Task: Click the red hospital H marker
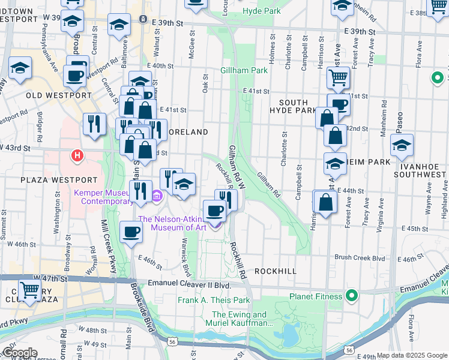point(76,156)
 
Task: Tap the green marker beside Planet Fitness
point(352,295)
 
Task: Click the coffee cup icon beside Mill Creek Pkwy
point(131,231)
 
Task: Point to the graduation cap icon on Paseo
point(402,145)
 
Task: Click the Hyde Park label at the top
point(262,11)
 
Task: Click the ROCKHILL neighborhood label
point(275,271)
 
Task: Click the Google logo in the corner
point(19,353)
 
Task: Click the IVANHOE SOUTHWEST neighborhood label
point(420,168)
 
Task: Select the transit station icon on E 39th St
point(143,19)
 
